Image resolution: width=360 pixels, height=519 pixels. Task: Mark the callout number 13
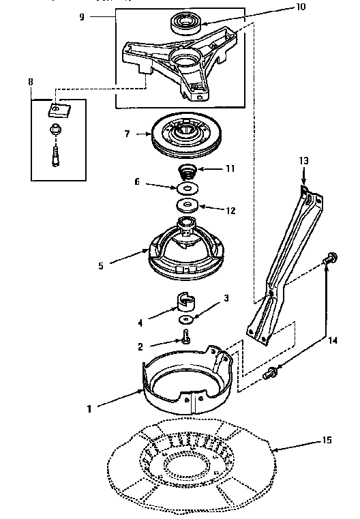point(303,160)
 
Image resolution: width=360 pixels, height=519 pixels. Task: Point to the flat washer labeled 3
point(185,319)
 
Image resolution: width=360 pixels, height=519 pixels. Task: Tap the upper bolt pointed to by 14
point(329,259)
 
